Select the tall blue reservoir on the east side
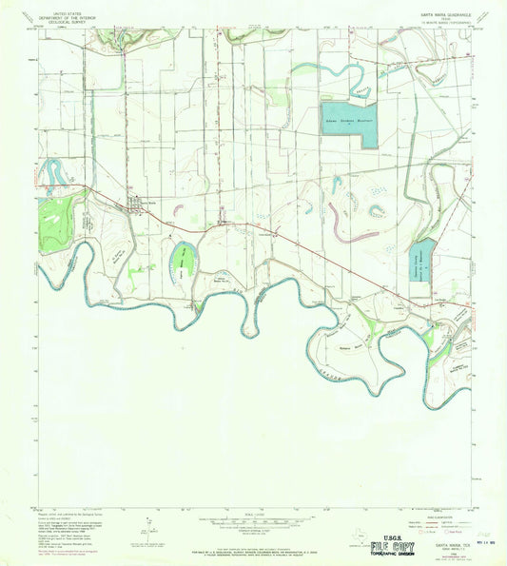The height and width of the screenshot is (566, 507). [x=421, y=262]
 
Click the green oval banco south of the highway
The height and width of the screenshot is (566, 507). [x=184, y=257]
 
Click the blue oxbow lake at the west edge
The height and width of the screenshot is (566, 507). [x=54, y=172]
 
